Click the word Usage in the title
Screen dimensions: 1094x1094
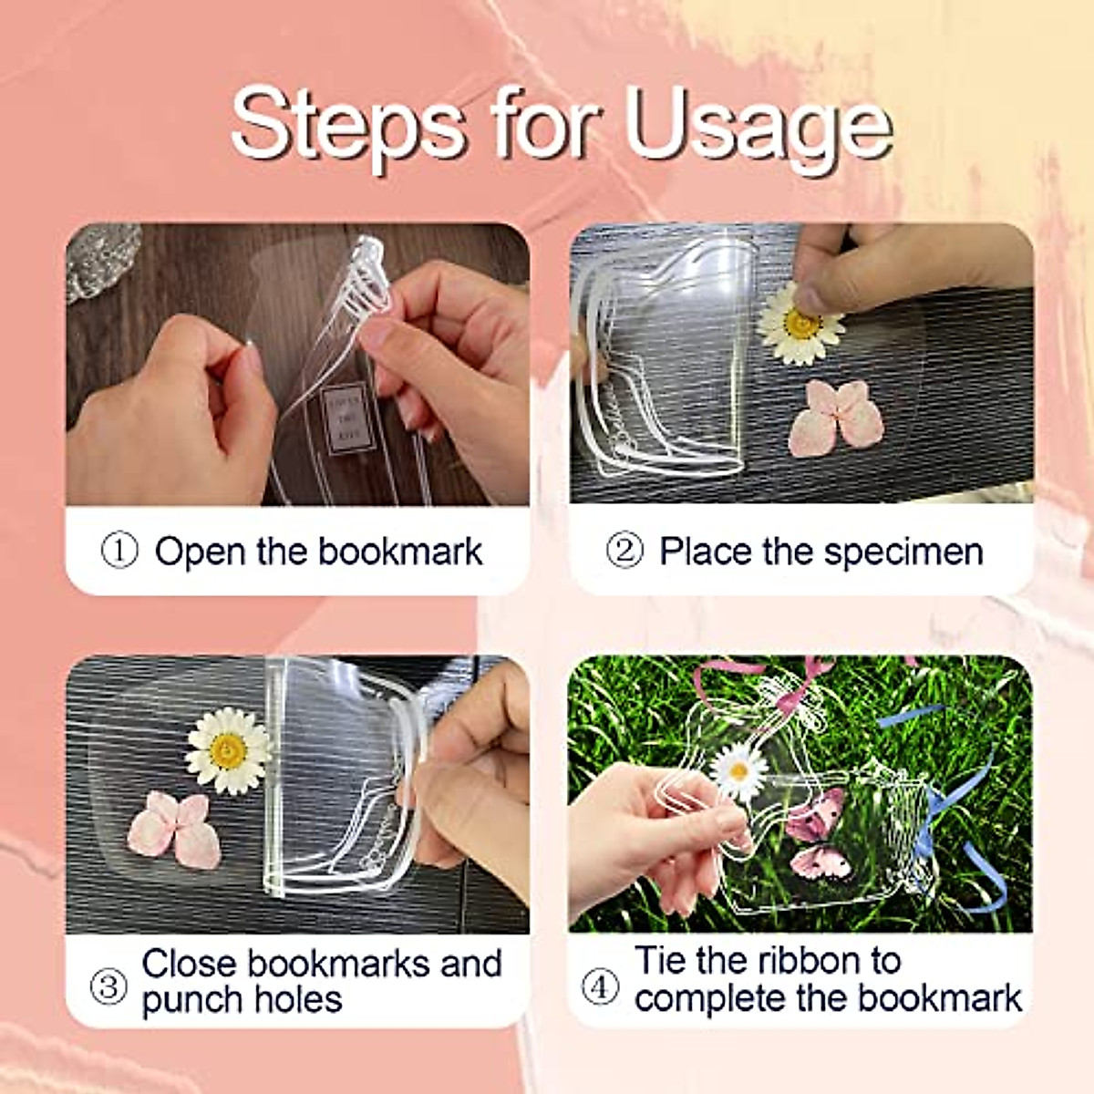tap(758, 128)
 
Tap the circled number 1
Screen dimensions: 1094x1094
tap(119, 551)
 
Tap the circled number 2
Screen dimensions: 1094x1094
tap(624, 551)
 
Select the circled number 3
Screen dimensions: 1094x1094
tap(108, 986)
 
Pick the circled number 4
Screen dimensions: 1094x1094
tap(600, 986)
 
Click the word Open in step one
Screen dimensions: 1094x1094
tap(200, 552)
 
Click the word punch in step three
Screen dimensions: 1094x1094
tap(191, 1000)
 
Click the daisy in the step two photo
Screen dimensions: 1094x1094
tap(800, 325)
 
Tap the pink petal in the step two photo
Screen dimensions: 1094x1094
tap(836, 417)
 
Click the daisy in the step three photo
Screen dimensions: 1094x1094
tap(227, 750)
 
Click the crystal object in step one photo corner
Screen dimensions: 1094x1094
tap(103, 259)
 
